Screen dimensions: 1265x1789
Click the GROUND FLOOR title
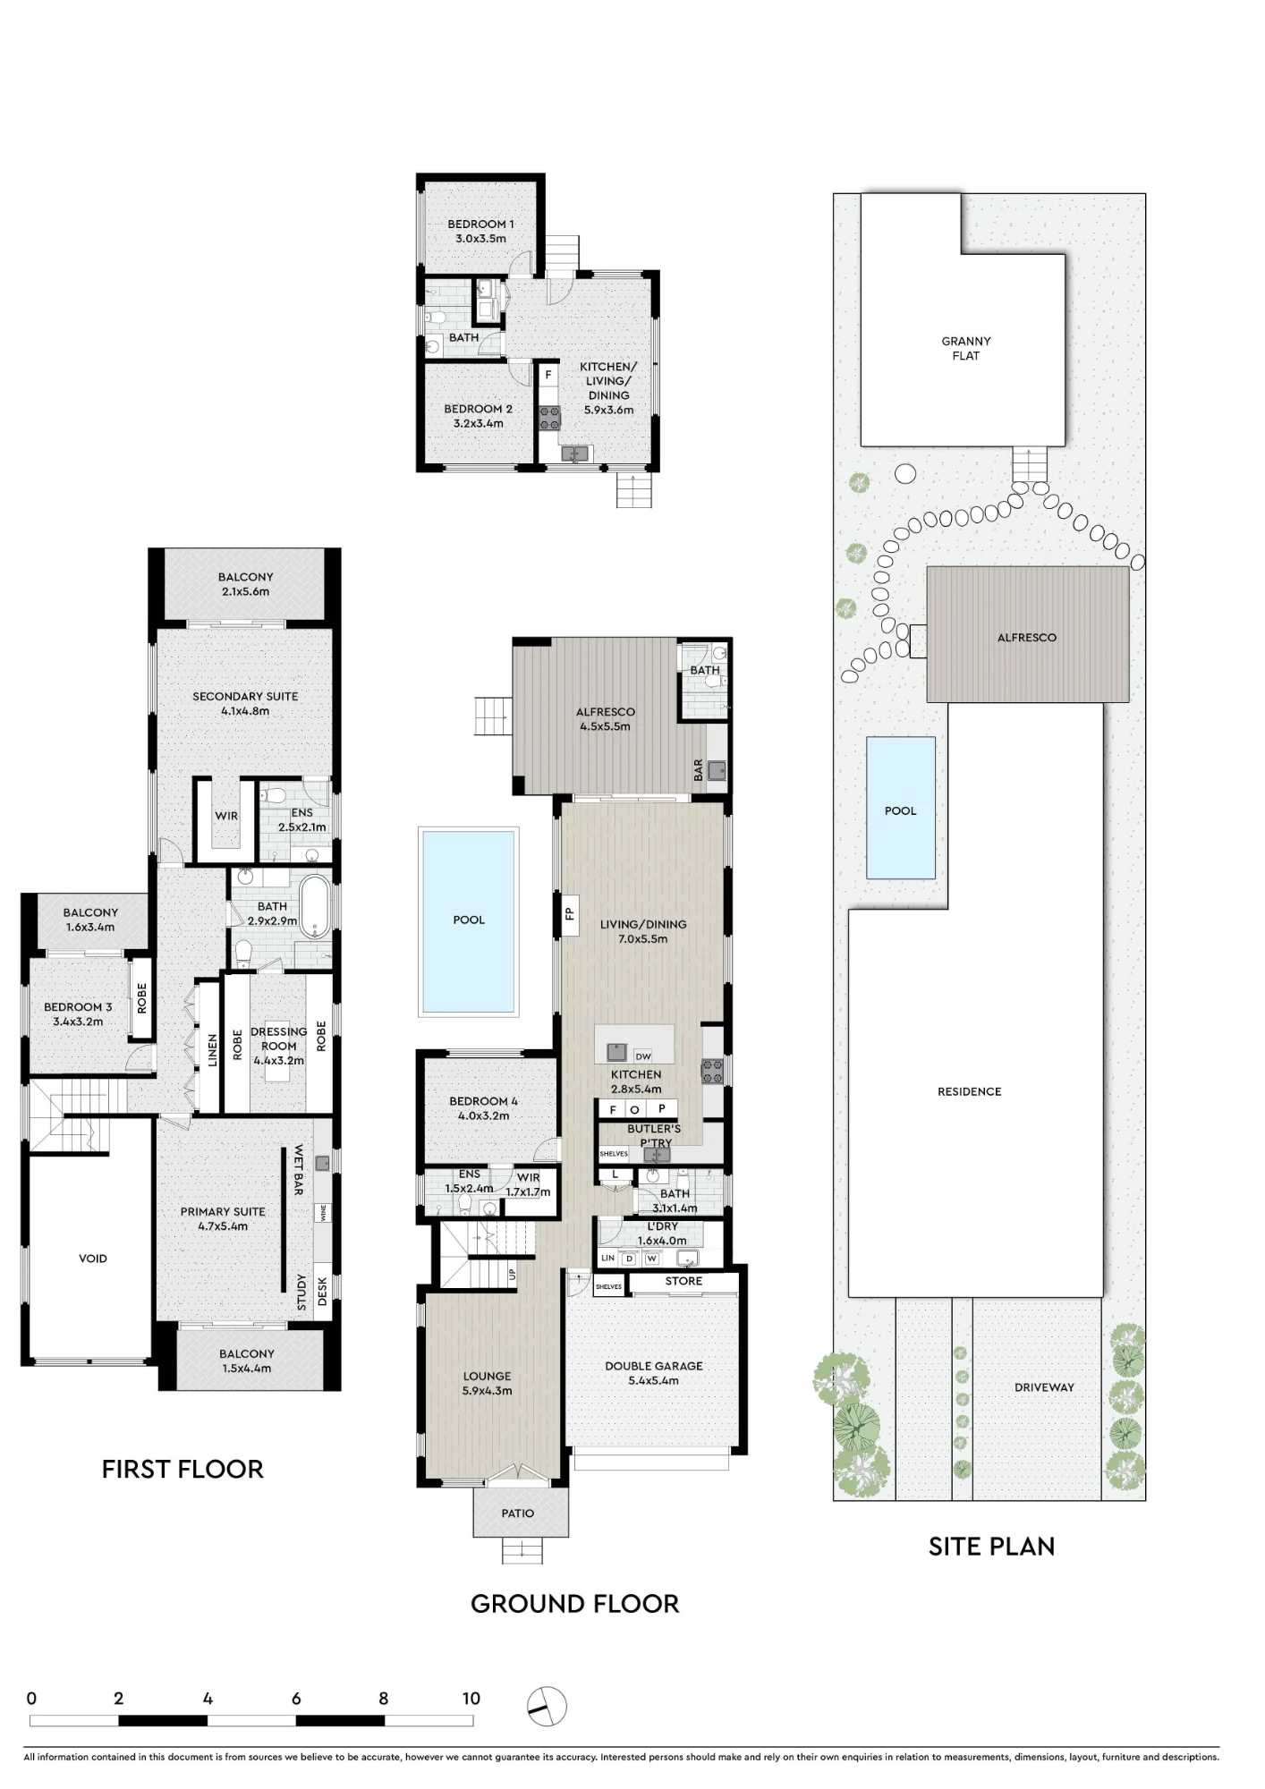click(574, 1604)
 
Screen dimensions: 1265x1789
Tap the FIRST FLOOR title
click(183, 1470)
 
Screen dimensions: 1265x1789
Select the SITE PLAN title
click(991, 1547)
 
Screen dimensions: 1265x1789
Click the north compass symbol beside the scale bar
click(547, 1707)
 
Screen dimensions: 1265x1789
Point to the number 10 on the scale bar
click(471, 1699)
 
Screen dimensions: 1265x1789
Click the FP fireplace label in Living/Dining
click(568, 913)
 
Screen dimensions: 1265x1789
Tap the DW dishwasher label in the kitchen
click(642, 1056)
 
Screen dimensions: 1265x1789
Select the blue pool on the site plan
click(901, 808)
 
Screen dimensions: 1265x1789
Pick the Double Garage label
click(653, 1373)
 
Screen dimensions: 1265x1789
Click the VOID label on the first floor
click(93, 1259)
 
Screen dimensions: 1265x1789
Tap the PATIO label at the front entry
click(517, 1513)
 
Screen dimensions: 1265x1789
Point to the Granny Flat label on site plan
click(966, 348)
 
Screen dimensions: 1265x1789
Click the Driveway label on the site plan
click(1044, 1387)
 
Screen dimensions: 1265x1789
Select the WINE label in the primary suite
click(323, 1214)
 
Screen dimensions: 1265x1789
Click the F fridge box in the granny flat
click(548, 375)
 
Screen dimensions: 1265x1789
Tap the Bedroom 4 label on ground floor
click(483, 1108)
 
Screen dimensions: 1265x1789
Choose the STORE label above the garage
click(683, 1281)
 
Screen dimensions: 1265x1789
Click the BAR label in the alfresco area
click(699, 770)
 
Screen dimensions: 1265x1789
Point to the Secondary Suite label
click(245, 703)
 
